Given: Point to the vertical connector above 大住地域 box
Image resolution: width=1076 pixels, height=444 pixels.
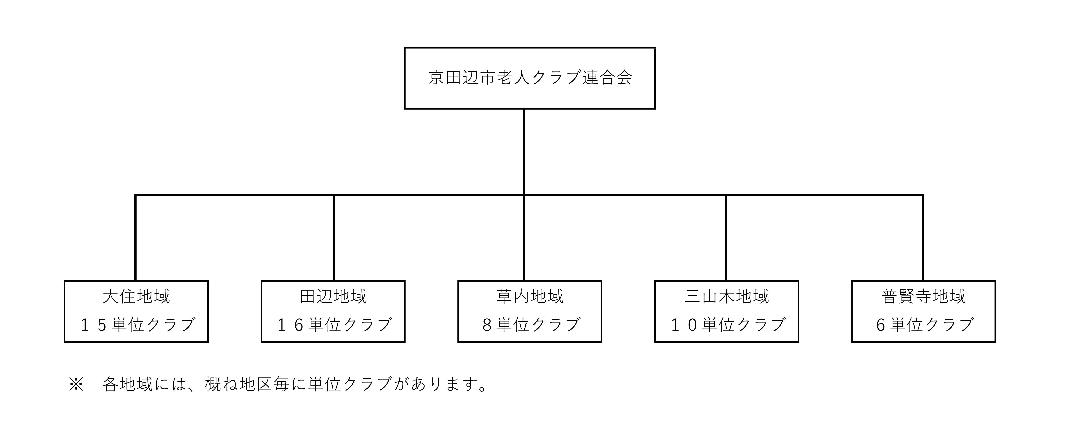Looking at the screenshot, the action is tap(135, 237).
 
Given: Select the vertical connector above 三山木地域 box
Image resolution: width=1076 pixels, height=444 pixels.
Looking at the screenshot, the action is tap(726, 237).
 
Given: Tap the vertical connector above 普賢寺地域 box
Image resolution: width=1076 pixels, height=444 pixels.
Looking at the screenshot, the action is tap(923, 237).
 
